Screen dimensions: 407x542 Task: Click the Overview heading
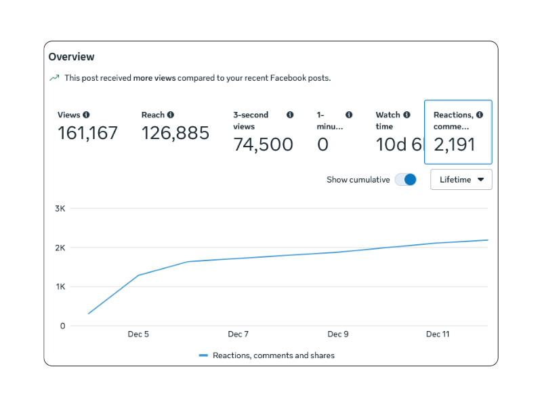tap(71, 57)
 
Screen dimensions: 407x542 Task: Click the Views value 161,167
tap(87, 133)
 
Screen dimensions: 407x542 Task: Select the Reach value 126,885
tap(175, 133)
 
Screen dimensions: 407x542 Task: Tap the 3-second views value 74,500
tap(263, 144)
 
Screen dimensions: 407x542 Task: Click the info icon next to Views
tap(86, 115)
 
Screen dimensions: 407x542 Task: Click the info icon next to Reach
tap(171, 115)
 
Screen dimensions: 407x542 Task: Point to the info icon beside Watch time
tap(406, 115)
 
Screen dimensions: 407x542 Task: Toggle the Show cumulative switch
tap(405, 180)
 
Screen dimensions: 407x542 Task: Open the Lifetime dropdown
tap(461, 180)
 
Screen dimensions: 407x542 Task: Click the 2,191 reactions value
tap(454, 144)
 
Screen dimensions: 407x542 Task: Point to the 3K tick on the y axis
tap(60, 208)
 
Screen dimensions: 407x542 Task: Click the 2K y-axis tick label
tap(60, 248)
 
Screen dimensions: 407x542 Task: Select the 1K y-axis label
tap(60, 287)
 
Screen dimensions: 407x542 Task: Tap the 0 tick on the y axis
tap(62, 326)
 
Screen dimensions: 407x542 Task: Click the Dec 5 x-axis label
tap(138, 334)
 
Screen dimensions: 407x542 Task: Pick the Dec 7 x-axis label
tap(238, 334)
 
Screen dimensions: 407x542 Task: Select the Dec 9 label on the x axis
tap(337, 334)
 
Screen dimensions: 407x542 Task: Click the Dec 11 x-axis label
tap(437, 334)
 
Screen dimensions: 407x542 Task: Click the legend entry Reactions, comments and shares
tap(273, 355)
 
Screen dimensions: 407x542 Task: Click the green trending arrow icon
tap(54, 78)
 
